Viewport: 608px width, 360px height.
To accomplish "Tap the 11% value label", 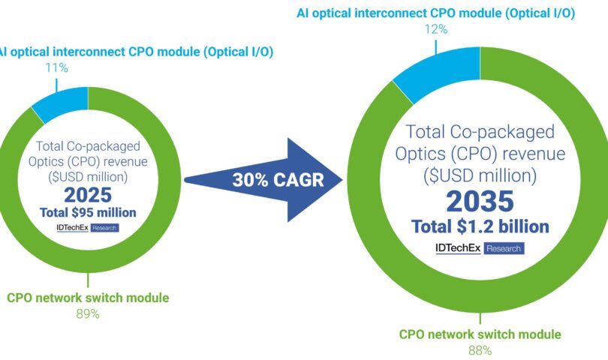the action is (56, 67).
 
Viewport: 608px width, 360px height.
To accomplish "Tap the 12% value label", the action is (436, 29).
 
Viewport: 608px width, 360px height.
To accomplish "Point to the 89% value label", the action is (88, 314).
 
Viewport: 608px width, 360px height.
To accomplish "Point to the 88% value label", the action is (480, 351).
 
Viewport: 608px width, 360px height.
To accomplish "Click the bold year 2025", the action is (88, 195).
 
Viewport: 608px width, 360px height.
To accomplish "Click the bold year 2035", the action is (480, 201).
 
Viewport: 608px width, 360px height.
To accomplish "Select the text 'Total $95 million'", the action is (88, 212).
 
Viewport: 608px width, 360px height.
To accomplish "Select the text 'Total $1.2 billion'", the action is (480, 226).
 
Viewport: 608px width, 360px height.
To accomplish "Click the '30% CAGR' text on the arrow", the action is (278, 180).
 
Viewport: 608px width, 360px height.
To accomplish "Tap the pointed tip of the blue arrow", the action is (342, 180).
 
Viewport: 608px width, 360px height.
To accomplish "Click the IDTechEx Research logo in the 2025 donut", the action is (88, 228).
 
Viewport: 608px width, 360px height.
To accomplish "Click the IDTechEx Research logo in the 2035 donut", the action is (480, 248).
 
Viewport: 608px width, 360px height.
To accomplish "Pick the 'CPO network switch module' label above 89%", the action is (88, 298).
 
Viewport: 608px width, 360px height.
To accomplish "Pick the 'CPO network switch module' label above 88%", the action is (480, 334).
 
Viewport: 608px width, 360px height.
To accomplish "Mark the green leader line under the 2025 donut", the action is (88, 280).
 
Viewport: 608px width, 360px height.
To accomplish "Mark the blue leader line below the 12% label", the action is (436, 47).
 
